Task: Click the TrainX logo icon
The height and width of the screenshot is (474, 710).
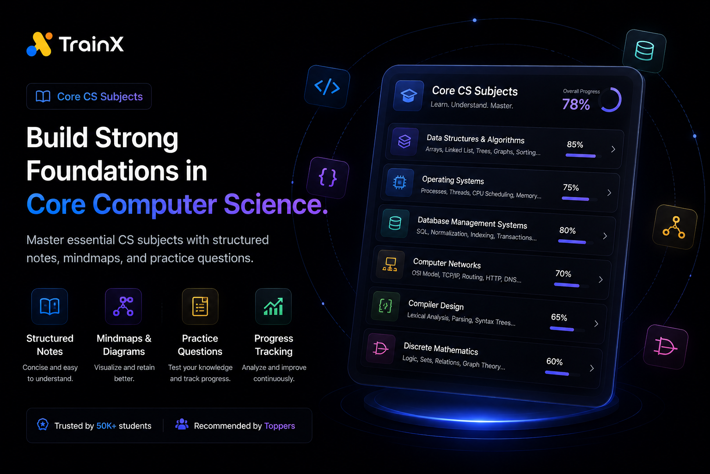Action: (x=39, y=44)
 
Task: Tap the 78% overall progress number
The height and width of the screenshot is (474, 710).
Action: (x=576, y=105)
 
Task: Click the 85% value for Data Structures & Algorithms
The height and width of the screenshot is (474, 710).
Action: (x=575, y=144)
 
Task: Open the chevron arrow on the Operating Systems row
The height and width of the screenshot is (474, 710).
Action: (x=609, y=193)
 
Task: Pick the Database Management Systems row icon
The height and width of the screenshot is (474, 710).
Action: (x=395, y=223)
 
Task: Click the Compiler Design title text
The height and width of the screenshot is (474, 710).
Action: (x=436, y=305)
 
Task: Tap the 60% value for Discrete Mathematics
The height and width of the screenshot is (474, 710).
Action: (x=554, y=362)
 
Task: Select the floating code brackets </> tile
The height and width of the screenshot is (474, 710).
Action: (x=327, y=87)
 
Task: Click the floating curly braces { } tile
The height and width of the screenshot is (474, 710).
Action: (x=327, y=177)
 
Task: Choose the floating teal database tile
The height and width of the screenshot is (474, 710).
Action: (x=644, y=51)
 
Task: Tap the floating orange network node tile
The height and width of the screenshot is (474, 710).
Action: (x=674, y=227)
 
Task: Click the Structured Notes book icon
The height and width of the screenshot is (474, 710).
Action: (x=50, y=306)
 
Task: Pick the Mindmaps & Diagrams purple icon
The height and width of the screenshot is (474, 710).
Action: (x=123, y=306)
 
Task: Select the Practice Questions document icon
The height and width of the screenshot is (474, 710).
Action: (x=200, y=306)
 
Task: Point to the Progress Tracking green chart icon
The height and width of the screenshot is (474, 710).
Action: (x=273, y=306)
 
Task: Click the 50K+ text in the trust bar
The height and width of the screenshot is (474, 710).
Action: (x=106, y=426)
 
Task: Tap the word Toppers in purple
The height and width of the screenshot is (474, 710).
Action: (x=280, y=426)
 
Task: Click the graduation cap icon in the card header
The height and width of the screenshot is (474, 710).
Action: (x=409, y=95)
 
